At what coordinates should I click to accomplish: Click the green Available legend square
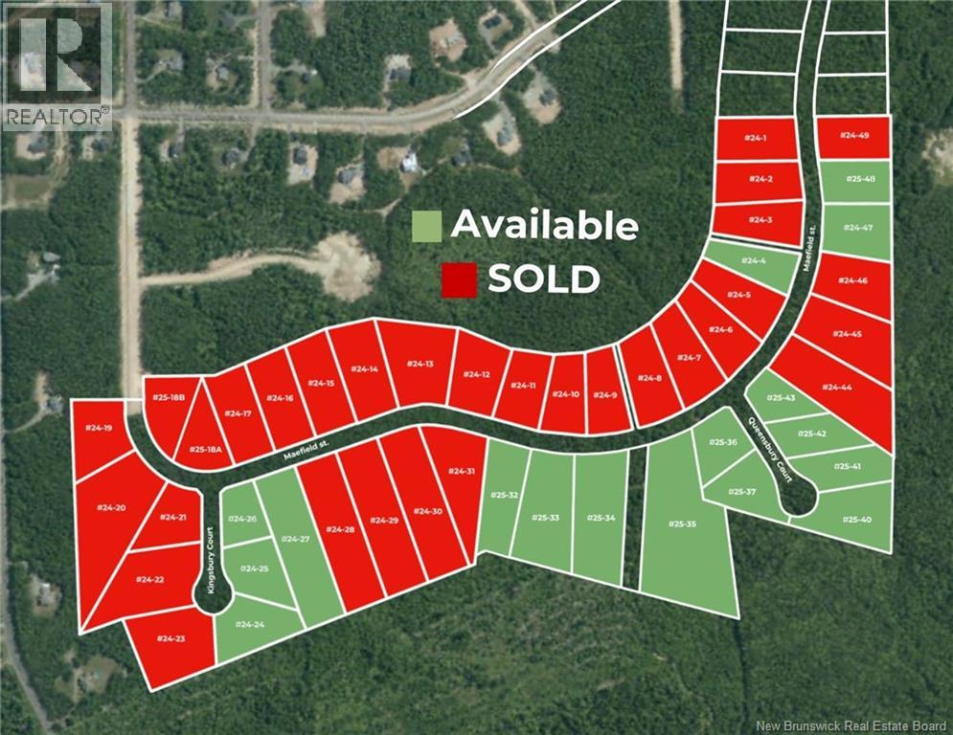426,226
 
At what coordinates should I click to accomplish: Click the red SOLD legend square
458,279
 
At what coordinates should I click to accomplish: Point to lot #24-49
853,137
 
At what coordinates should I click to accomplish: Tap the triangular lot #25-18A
204,446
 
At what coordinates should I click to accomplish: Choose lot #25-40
855,520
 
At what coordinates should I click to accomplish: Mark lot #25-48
854,180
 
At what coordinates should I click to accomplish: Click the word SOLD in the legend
543,279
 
